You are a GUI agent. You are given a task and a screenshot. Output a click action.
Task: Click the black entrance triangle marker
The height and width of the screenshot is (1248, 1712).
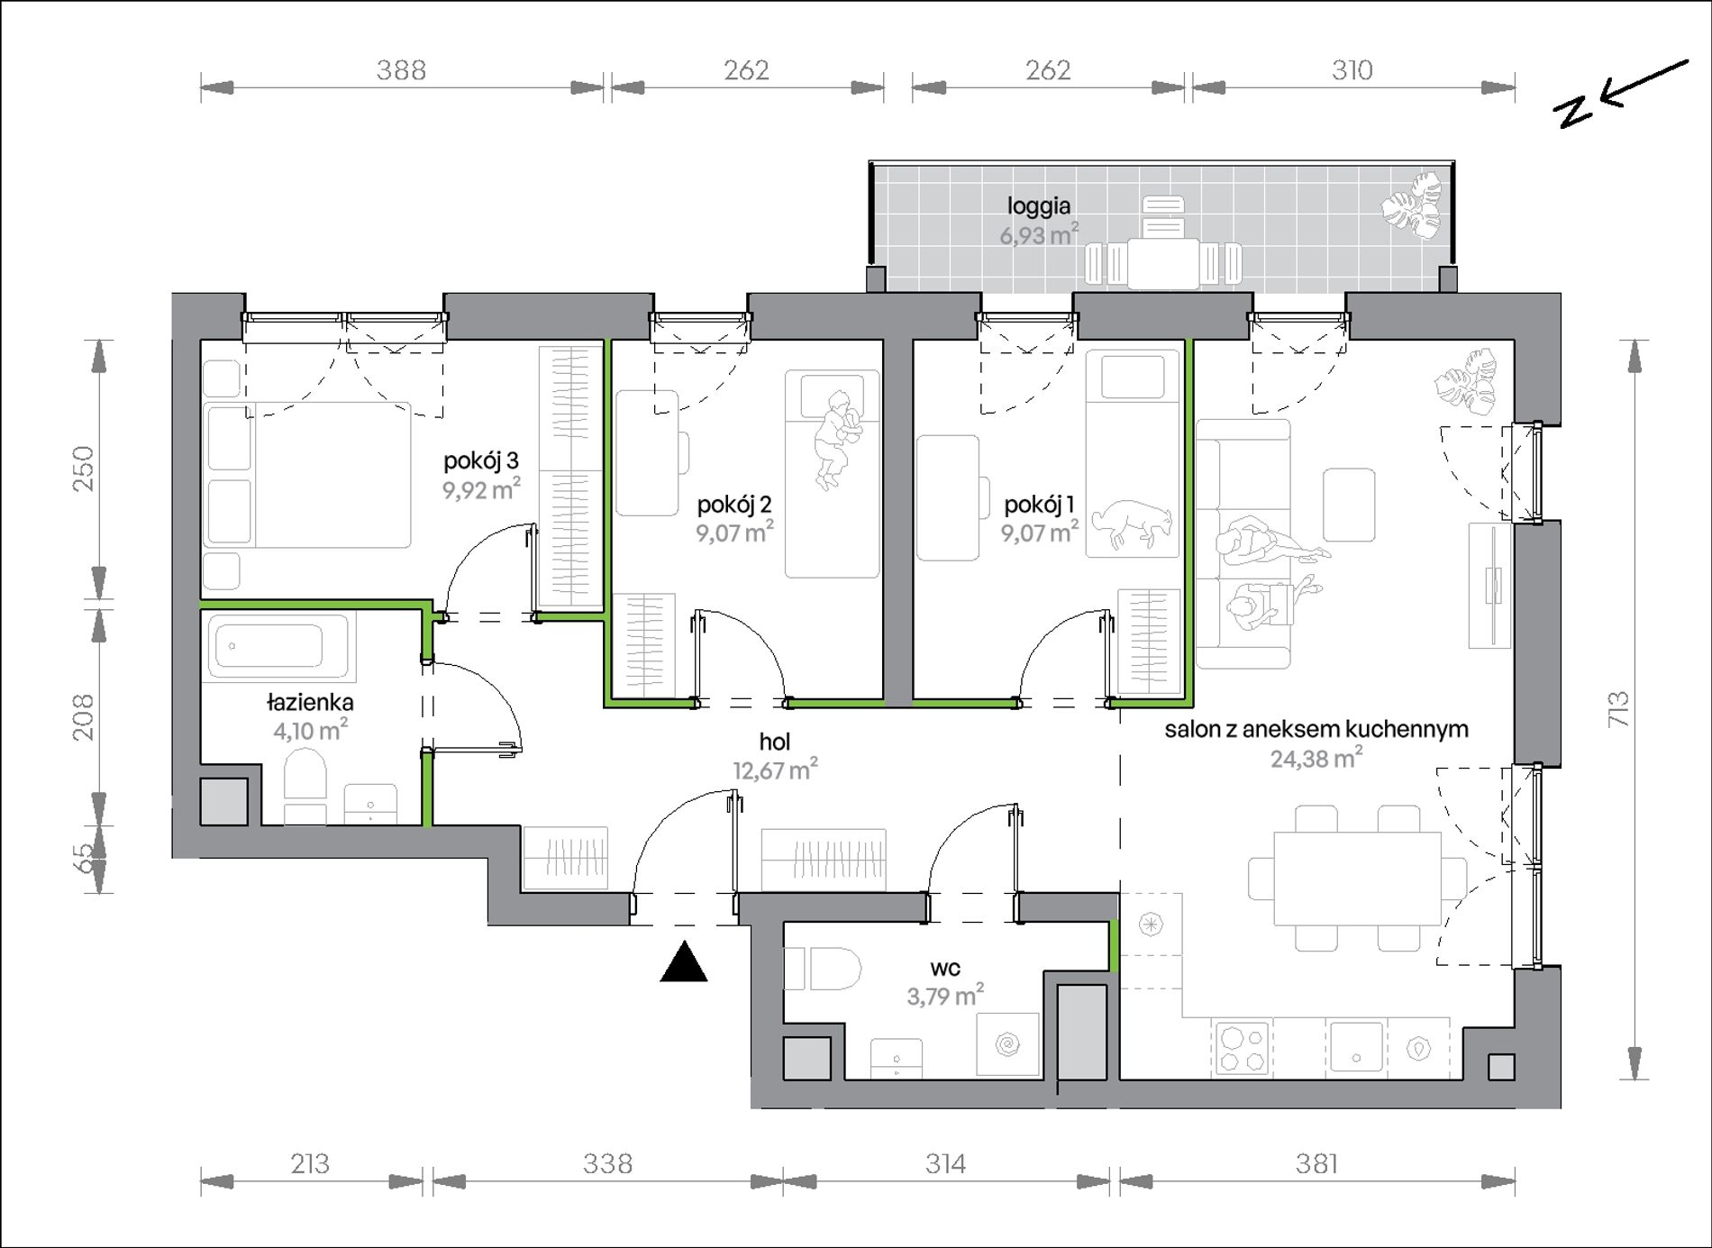point(684,961)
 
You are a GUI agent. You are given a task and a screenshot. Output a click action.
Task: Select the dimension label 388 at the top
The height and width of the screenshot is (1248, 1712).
point(401,69)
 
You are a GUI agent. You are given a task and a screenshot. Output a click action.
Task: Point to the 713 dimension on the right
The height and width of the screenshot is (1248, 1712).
point(1618,709)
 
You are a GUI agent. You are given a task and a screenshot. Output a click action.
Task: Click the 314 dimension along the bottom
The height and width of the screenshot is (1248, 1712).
point(945,1164)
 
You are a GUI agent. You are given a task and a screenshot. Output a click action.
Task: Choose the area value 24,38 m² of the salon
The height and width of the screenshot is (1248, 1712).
point(1316,758)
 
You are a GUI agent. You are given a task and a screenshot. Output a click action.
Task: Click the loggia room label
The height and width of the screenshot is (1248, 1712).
point(1039,206)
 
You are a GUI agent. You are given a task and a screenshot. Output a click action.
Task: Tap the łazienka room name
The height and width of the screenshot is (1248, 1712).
point(310,702)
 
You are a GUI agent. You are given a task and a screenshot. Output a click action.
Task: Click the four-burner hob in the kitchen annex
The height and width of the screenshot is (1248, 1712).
point(1242,1048)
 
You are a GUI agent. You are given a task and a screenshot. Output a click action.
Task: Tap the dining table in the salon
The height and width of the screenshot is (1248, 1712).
point(1357,878)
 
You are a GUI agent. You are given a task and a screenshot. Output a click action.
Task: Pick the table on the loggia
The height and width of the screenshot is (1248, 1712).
point(1163,262)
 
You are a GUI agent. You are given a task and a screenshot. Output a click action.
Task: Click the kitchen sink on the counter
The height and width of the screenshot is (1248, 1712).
point(1356,1046)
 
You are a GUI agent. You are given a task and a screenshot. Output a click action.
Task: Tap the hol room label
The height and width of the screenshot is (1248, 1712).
point(775,742)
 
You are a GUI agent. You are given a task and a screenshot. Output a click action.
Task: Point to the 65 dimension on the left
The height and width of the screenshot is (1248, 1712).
point(82,857)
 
